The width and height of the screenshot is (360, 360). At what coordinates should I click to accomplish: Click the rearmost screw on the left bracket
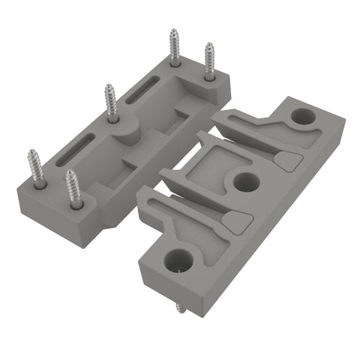[174, 46]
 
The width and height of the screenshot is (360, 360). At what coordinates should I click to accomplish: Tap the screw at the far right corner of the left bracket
[209, 61]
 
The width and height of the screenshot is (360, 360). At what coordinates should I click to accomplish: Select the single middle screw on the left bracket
[111, 103]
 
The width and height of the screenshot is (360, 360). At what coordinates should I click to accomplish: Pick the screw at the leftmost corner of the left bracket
[37, 168]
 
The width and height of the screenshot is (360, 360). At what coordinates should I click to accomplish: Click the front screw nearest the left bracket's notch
[73, 188]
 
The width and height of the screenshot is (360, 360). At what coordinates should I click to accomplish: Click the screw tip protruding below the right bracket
[181, 307]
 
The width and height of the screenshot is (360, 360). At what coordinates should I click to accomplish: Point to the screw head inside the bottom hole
[179, 265]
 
